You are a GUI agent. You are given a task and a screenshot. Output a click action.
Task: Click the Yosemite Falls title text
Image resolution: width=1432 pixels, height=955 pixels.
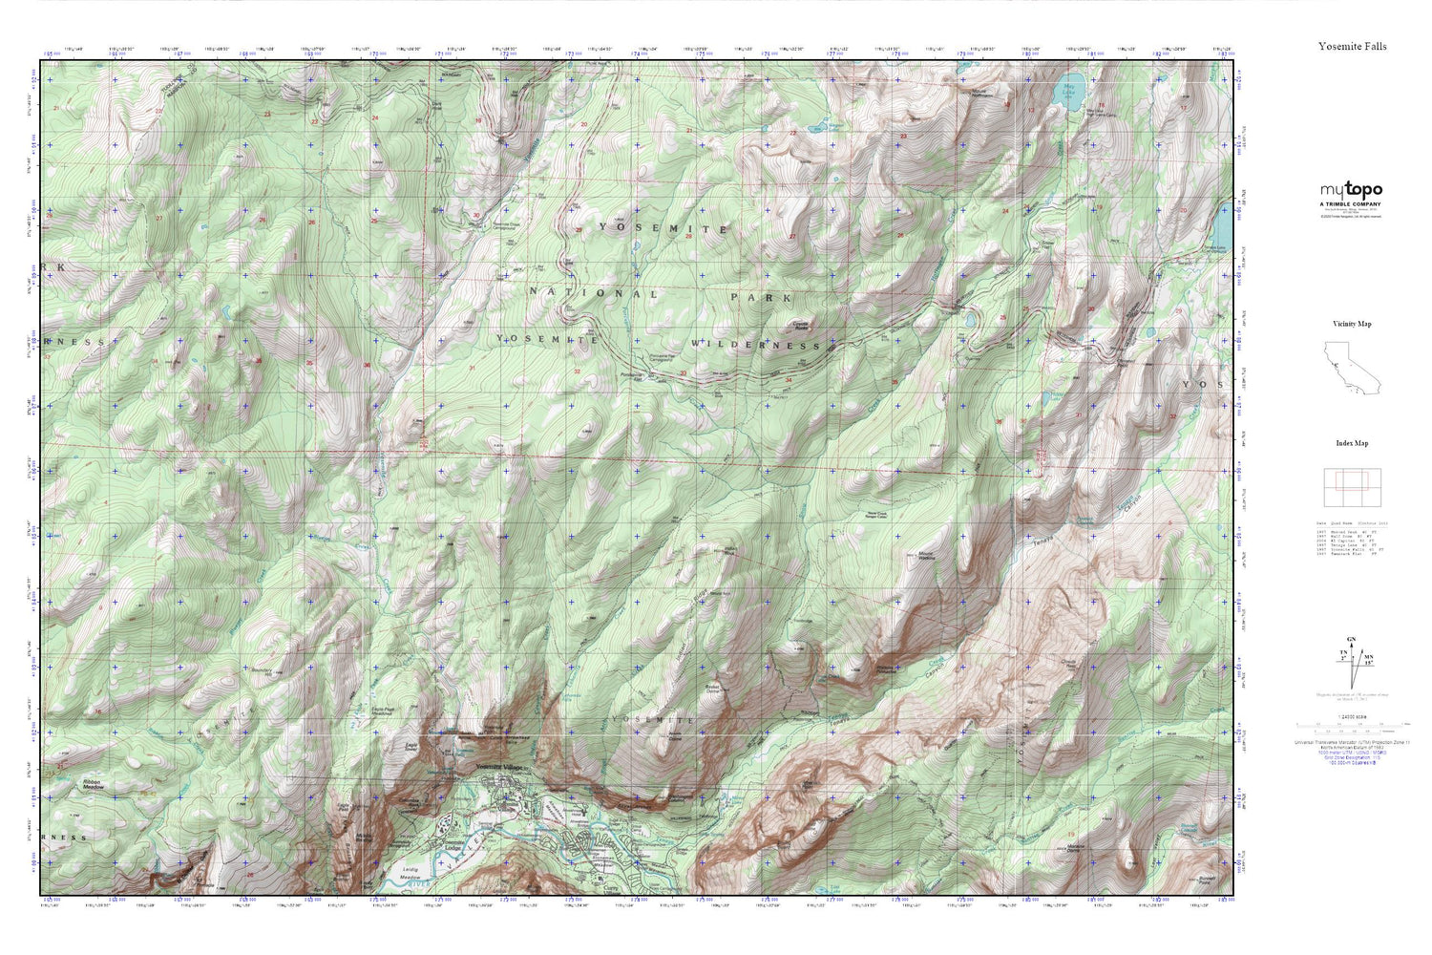point(1352,46)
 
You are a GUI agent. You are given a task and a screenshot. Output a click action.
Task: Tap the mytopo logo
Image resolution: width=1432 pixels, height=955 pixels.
point(1351,190)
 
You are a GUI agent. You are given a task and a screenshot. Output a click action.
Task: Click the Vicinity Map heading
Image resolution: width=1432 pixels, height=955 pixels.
point(1352,324)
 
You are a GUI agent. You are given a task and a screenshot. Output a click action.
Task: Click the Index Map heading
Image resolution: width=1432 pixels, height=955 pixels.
point(1352,443)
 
